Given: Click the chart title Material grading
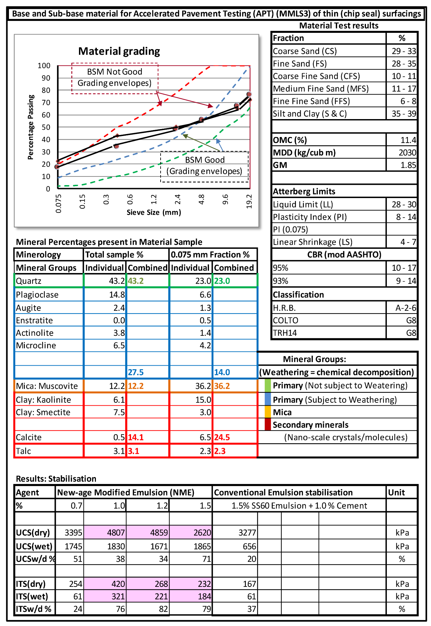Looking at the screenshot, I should pos(119,51).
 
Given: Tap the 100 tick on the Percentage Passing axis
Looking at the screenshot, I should pos(44,66).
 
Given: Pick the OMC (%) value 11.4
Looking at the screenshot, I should pos(408,140).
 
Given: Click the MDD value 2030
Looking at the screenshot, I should pos(407,153).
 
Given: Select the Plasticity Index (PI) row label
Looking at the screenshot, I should pos(310,217).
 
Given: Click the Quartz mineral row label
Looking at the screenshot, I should pos(29,281).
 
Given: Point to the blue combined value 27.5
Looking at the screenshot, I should pos(136,372).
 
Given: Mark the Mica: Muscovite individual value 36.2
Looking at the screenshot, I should pos(203,386).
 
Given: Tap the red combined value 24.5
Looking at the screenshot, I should pos(222,437).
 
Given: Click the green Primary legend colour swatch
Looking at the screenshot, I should pos(268,385).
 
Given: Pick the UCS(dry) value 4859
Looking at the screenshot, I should pos(159,533).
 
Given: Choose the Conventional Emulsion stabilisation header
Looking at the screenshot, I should pos(283,493).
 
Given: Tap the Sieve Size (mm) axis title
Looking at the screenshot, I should pos(154,212).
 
